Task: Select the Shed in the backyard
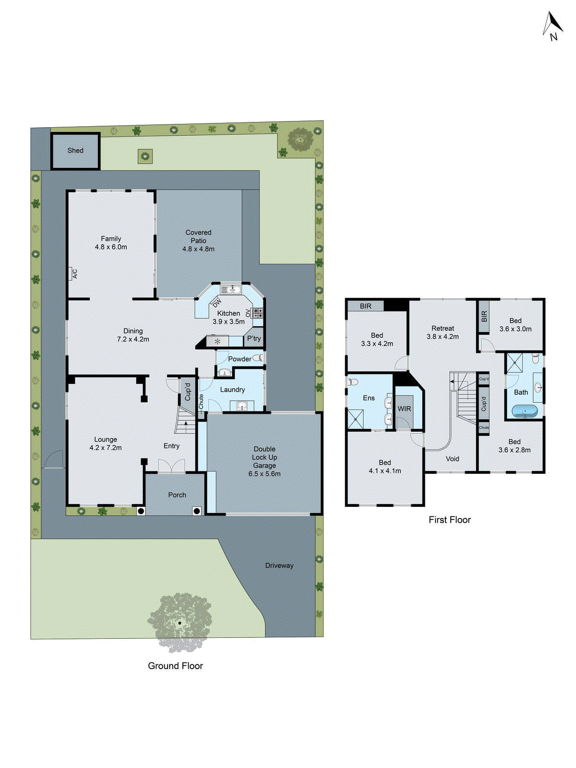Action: [x=75, y=151]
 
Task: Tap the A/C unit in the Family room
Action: [x=73, y=274]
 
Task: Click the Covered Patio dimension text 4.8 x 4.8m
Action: [x=198, y=249]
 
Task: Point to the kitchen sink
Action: [x=231, y=289]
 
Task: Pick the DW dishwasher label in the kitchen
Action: [x=217, y=303]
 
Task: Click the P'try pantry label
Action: [x=254, y=338]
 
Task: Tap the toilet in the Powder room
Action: [x=258, y=358]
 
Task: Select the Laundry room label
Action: [x=232, y=390]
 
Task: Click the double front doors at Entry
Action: [x=171, y=466]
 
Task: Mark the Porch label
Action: [x=177, y=495]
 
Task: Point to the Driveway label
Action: [x=279, y=565]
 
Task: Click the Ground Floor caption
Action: [x=175, y=666]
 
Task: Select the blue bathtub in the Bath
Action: [x=524, y=411]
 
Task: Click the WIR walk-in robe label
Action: [x=404, y=409]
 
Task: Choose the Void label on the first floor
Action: [x=452, y=459]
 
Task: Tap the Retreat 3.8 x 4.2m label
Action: [x=443, y=332]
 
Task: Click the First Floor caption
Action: [x=449, y=520]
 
